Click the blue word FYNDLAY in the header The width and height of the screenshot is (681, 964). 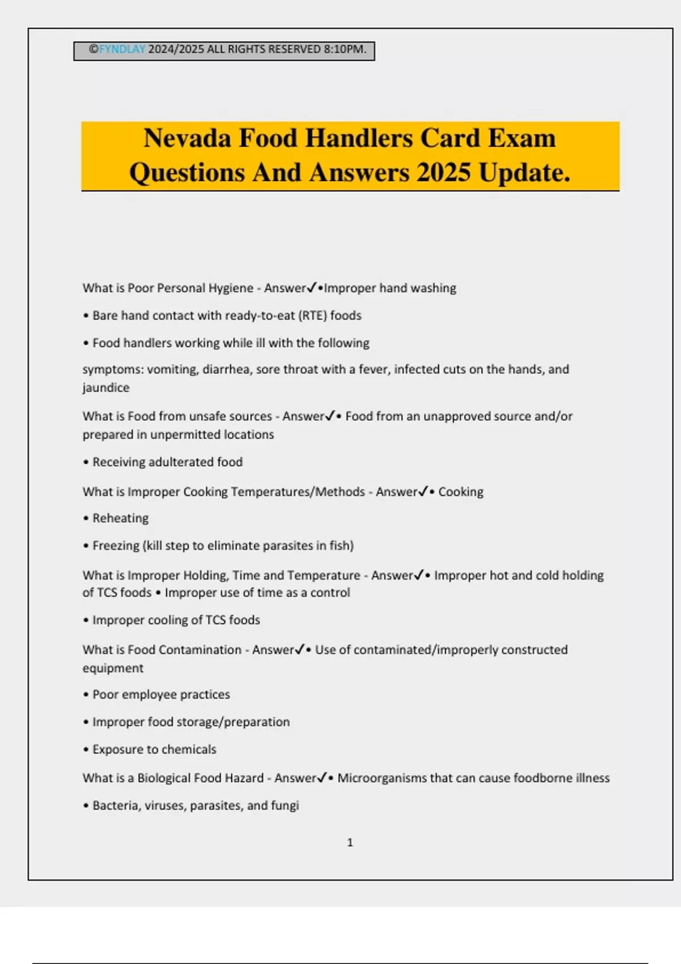coord(122,49)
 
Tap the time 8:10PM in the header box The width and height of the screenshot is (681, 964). coord(344,49)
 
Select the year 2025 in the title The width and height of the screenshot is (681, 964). coord(443,173)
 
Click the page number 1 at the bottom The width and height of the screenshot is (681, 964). coord(350,843)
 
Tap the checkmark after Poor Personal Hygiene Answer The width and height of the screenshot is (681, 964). coord(312,288)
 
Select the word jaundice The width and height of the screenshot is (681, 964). coord(106,388)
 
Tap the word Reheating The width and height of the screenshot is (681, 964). coord(120,518)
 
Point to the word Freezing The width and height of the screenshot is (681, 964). coord(116,546)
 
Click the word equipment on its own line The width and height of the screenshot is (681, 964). coord(113,669)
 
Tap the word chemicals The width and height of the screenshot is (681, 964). coord(188,750)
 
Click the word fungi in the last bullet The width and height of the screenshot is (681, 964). coord(285,806)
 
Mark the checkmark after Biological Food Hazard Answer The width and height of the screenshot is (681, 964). coord(322,778)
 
